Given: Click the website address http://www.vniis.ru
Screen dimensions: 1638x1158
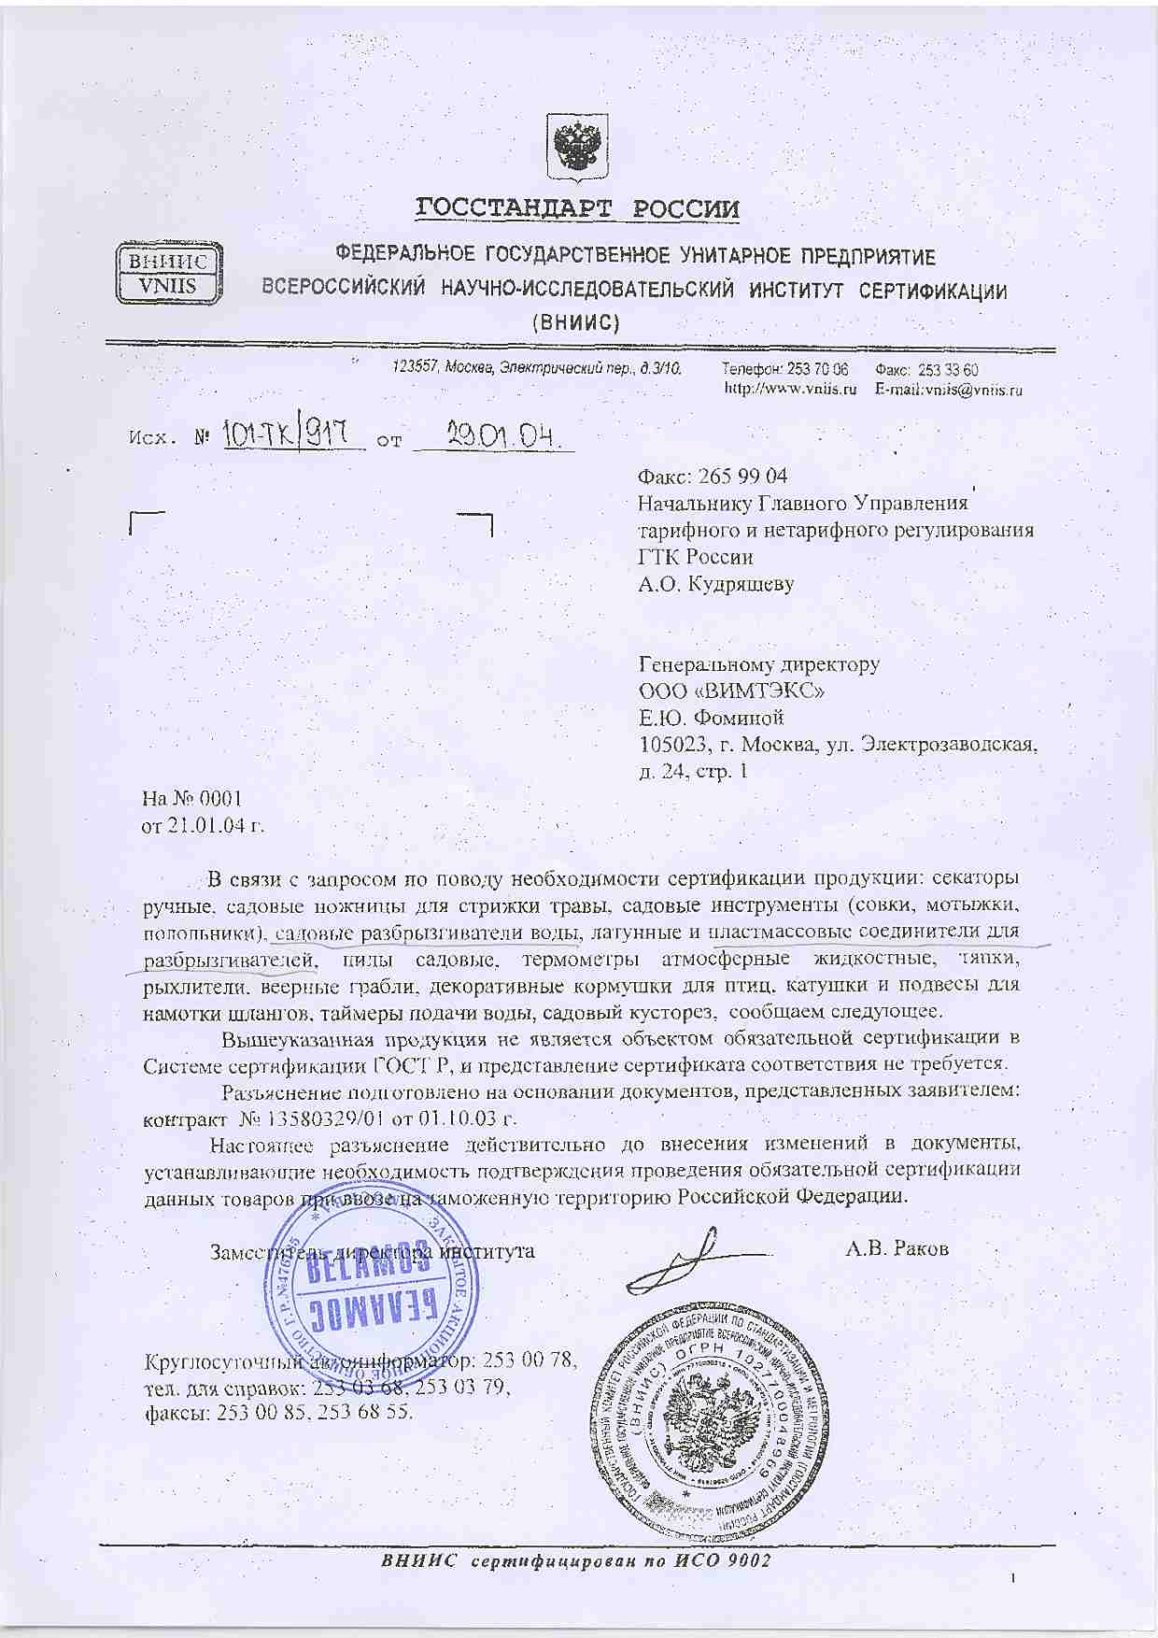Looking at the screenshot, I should point(791,390).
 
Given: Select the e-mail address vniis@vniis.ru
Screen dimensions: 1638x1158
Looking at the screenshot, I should point(978,390).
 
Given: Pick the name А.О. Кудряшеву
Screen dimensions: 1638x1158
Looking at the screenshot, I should point(715,584).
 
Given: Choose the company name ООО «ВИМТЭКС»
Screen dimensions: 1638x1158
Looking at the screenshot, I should point(732,691).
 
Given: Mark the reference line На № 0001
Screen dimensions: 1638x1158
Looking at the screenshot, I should point(192,799).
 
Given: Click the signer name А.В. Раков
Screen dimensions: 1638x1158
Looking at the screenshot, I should point(897,1249).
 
